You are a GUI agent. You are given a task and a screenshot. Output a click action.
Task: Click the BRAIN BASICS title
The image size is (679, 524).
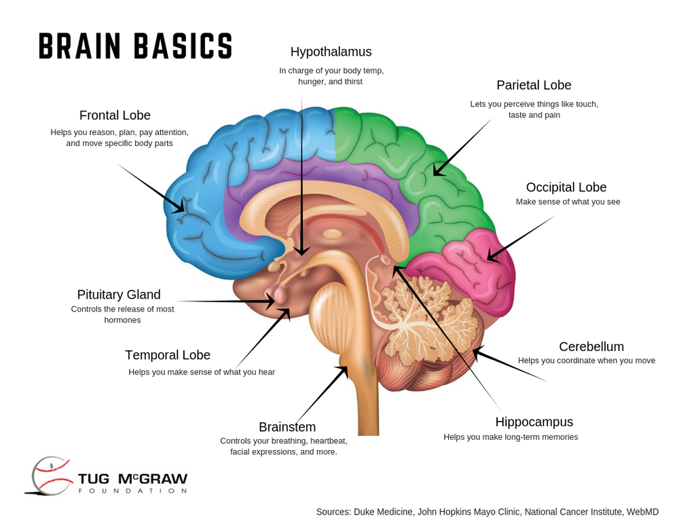(x=136, y=46)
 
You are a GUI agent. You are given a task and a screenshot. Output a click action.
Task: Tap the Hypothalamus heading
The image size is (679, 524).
(x=331, y=52)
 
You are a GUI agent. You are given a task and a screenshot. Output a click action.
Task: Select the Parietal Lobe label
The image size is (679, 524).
(x=534, y=86)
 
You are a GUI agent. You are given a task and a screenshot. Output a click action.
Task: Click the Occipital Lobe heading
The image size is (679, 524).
(x=566, y=187)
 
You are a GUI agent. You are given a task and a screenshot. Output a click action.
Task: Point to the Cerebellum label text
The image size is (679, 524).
(x=591, y=347)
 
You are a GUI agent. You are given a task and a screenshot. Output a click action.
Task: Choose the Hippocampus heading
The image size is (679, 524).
(x=534, y=422)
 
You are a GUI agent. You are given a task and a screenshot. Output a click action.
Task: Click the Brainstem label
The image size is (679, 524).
(x=287, y=427)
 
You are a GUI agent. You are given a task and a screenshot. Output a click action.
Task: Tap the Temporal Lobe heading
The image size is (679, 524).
(x=168, y=355)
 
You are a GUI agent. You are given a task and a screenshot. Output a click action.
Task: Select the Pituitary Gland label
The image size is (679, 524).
(x=119, y=295)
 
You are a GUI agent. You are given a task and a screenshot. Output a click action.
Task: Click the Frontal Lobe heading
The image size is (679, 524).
(x=115, y=115)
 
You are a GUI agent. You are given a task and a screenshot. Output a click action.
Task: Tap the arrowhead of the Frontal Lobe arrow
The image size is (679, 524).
(x=180, y=209)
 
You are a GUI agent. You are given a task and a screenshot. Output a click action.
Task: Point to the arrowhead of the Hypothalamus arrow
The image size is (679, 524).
(x=301, y=251)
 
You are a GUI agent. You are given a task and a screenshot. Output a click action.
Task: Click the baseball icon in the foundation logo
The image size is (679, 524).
(x=51, y=475)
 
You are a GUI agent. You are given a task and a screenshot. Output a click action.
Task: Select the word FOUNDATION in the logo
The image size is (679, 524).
(x=132, y=491)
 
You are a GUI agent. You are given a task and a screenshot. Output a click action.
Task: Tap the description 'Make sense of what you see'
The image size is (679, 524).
(x=568, y=202)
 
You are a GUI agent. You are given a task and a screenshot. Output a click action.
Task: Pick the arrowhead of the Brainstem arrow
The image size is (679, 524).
(x=344, y=371)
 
